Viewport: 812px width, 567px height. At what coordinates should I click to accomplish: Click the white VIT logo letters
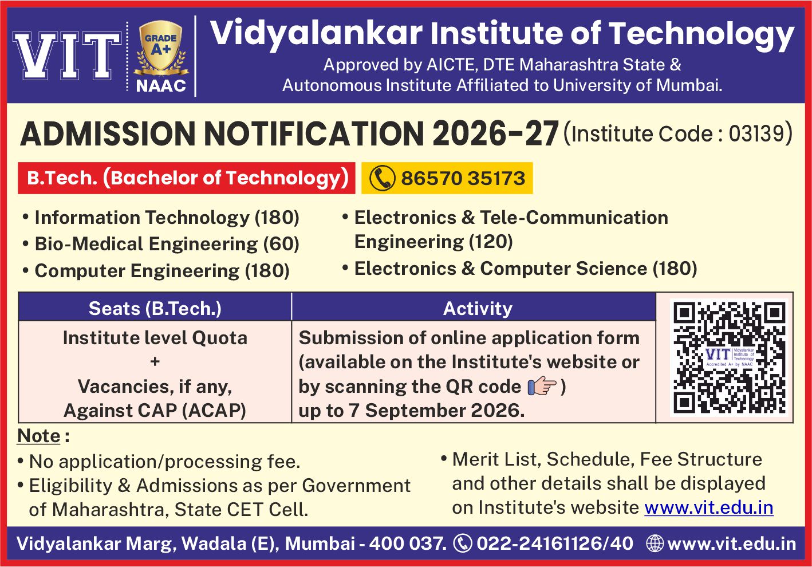point(67,56)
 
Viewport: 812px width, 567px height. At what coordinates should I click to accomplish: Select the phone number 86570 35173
point(463,178)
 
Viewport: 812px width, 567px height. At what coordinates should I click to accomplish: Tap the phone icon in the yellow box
point(382,178)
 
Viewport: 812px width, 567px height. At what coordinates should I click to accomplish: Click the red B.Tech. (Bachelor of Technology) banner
point(186,178)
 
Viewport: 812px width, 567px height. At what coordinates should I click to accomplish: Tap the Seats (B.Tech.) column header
point(155,309)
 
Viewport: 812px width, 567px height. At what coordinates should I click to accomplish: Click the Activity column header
point(478,309)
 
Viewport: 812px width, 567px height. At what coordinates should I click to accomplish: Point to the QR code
point(729,357)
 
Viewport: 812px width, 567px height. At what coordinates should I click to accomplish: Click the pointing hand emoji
point(542,386)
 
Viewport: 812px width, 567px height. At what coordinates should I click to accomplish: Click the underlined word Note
point(39,435)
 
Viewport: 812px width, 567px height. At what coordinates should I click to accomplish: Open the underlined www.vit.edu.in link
point(709,507)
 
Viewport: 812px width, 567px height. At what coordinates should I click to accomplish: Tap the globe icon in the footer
point(655,544)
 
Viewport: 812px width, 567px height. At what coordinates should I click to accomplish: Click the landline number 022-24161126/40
point(555,544)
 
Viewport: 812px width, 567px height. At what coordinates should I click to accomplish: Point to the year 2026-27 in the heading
point(495,134)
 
